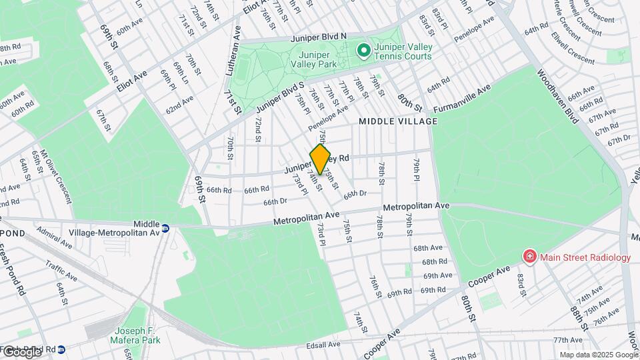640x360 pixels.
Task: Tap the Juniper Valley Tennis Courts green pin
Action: click(x=363, y=50)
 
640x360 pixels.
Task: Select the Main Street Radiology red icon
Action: click(x=529, y=257)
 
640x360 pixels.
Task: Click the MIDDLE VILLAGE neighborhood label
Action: click(x=398, y=121)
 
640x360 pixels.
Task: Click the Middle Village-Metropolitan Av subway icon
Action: click(x=165, y=227)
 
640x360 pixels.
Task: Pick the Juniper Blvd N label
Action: click(x=318, y=38)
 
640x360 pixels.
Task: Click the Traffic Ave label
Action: click(x=62, y=269)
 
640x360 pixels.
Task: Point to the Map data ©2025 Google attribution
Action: click(x=599, y=355)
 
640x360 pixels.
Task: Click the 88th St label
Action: click(x=578, y=312)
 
